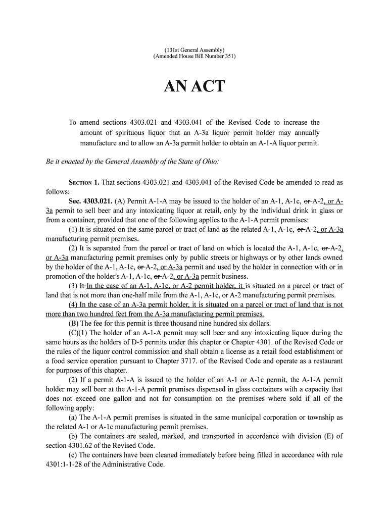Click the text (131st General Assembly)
194,49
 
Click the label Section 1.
83,182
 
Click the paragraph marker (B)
74,323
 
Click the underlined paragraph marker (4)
74,304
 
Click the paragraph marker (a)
73,418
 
